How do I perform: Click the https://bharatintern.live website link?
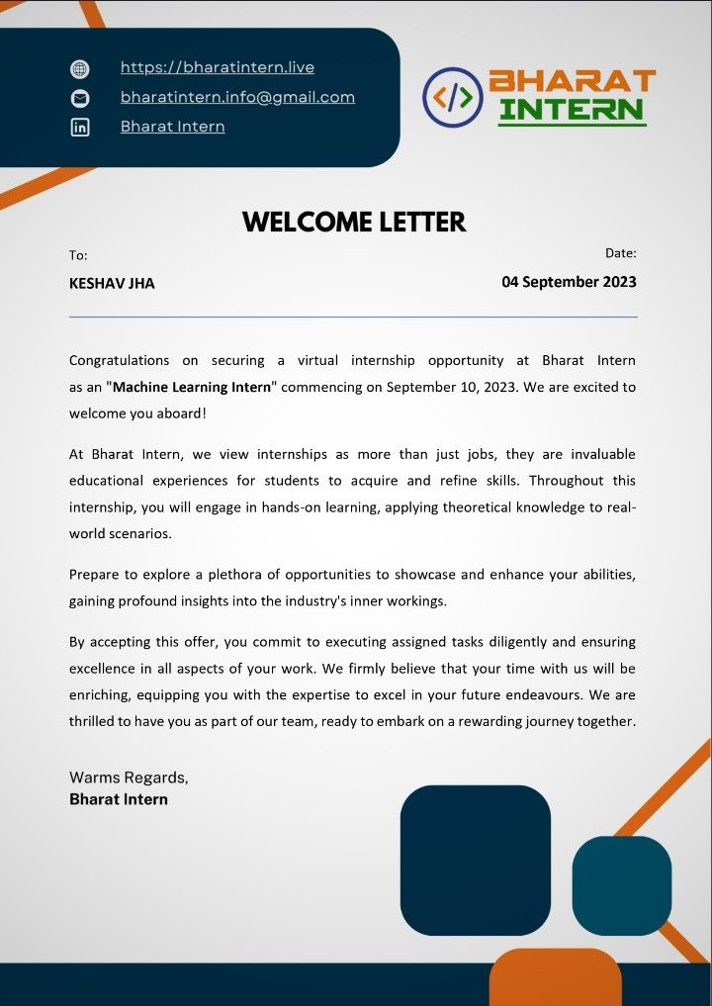click(x=218, y=68)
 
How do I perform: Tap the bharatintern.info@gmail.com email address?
click(x=237, y=97)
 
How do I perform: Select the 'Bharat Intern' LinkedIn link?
click(x=172, y=127)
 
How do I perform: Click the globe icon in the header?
click(x=80, y=69)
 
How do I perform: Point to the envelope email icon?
click(x=80, y=98)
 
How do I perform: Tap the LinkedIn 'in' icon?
click(x=80, y=127)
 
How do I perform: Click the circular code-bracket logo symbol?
click(x=452, y=97)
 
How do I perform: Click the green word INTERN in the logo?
click(x=572, y=109)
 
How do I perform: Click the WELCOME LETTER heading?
click(x=354, y=223)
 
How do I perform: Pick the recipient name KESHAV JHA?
click(x=112, y=283)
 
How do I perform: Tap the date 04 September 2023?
click(x=569, y=282)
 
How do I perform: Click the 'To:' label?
click(x=78, y=255)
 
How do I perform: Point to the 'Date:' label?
click(x=620, y=254)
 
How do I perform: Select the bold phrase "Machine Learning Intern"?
click(x=191, y=387)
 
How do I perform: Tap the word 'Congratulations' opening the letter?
click(x=119, y=360)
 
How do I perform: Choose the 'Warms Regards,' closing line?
click(x=129, y=777)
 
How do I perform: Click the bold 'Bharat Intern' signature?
click(x=119, y=799)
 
